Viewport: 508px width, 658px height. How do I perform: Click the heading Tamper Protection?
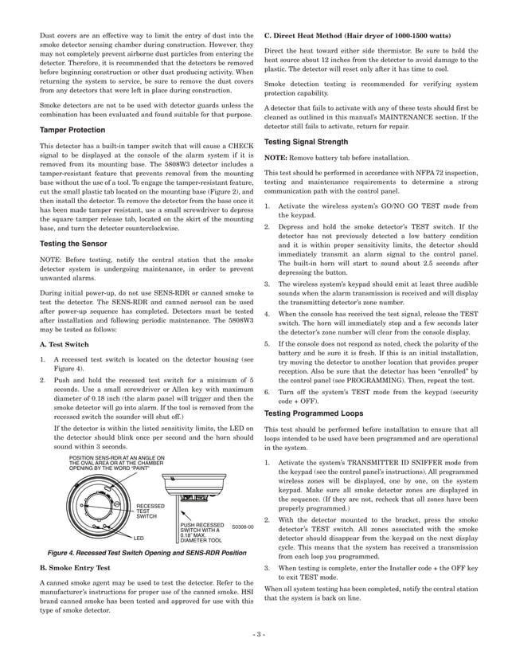pos(72,130)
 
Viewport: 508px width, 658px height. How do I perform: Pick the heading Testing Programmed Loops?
pos(313,413)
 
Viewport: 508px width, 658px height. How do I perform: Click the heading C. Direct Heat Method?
pos(351,35)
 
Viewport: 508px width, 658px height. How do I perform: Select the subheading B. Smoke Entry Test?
pos(80,570)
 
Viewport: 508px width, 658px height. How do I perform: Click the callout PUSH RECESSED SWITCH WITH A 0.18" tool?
pos(205,531)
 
